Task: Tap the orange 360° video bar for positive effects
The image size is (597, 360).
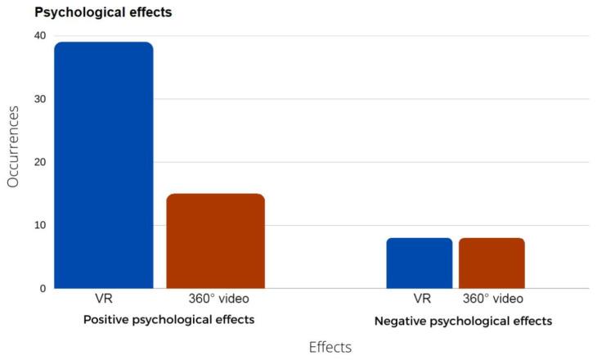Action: pos(215,241)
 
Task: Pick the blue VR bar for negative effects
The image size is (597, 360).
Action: pos(419,263)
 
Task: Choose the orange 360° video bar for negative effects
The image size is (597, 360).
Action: pos(492,263)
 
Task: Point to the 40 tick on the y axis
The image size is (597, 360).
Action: pos(39,36)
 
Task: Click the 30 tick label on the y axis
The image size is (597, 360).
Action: pos(39,99)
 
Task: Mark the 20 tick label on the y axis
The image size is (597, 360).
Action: pos(39,162)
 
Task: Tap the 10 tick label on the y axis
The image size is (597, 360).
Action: pos(39,225)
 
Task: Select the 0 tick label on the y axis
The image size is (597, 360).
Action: pos(43,288)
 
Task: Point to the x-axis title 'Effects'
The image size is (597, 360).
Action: pos(330,347)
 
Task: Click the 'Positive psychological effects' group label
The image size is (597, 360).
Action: pos(168,319)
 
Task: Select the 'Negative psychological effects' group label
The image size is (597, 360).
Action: pos(463,321)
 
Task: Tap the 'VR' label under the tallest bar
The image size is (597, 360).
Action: pos(103,299)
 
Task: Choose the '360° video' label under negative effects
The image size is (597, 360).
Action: pos(492,299)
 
